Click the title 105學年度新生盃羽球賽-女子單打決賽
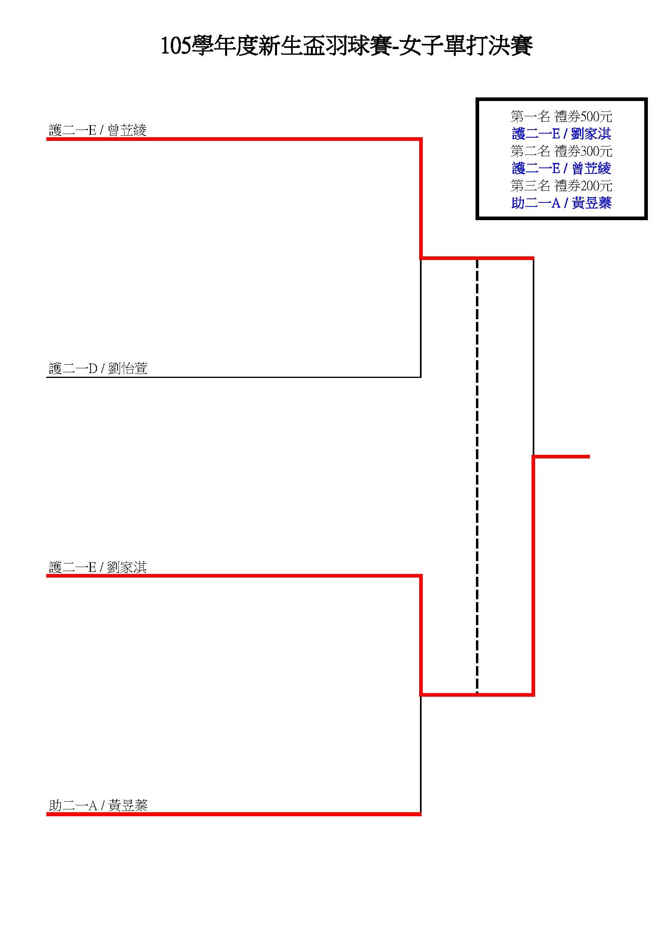[346, 46]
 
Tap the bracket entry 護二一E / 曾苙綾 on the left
[97, 130]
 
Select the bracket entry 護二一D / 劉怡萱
[98, 368]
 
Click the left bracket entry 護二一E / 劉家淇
[97, 567]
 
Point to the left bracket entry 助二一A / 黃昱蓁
[98, 805]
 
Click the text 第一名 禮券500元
[561, 117]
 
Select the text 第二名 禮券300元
[561, 151]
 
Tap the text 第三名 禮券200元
[561, 186]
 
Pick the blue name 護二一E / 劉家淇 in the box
[561, 134]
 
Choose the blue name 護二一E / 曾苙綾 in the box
[561, 169]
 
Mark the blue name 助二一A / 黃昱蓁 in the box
[561, 203]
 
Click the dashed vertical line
[477, 476]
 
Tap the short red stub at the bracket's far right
[561, 456]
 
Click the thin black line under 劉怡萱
[234, 377]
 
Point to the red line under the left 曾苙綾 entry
[234, 139]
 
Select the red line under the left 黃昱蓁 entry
[234, 814]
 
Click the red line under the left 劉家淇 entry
[234, 576]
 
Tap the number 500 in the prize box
[590, 117]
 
